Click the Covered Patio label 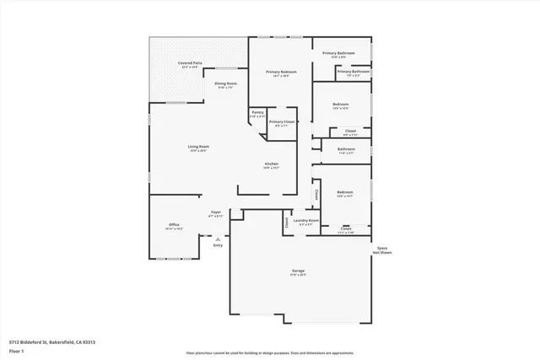click(x=189, y=63)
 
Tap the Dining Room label click(x=225, y=83)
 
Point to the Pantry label click(x=257, y=113)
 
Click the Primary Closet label click(x=282, y=122)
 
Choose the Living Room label click(x=198, y=147)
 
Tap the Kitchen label click(x=272, y=164)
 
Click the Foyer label click(x=215, y=212)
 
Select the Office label click(x=174, y=224)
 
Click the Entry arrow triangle click(x=218, y=239)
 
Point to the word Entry click(x=218, y=245)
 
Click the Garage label click(x=299, y=271)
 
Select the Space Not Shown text click(x=382, y=250)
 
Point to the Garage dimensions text click(x=299, y=276)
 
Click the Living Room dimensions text click(x=198, y=152)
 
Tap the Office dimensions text click(x=174, y=229)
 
